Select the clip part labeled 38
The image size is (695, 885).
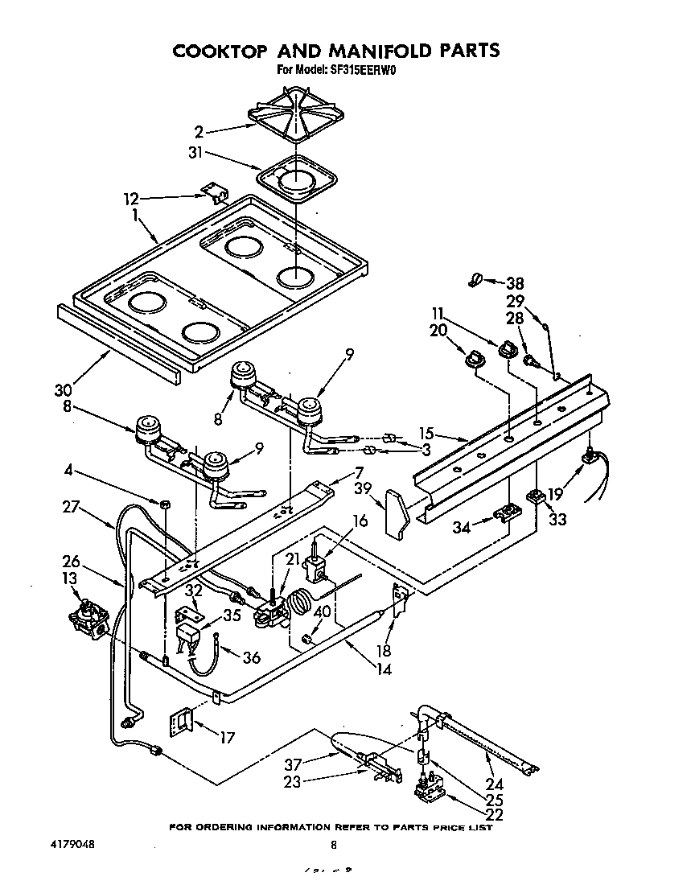tap(475, 281)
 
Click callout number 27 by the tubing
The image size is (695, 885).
tap(72, 508)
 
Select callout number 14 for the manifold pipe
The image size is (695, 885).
tap(385, 667)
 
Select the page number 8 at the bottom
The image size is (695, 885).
tap(333, 844)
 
